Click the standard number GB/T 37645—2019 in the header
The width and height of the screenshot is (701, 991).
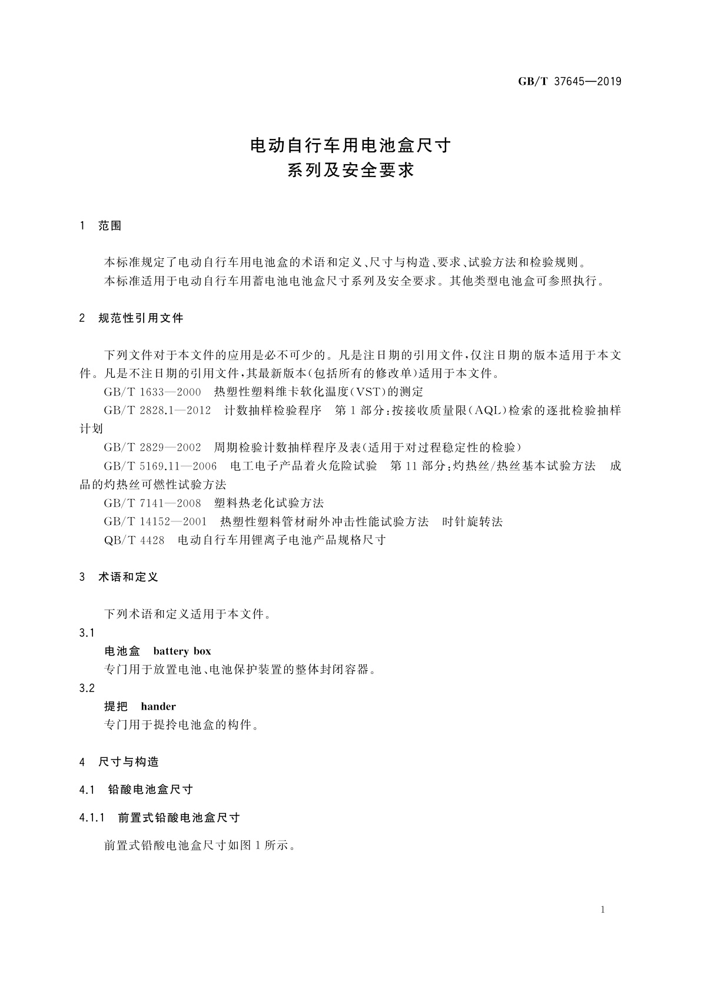(569, 82)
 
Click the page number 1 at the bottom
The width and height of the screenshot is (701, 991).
(603, 910)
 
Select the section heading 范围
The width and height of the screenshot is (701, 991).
(110, 226)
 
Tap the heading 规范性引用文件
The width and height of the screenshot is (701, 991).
(141, 318)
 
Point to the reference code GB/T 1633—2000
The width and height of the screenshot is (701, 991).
(152, 392)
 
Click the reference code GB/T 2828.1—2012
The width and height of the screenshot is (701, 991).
(157, 411)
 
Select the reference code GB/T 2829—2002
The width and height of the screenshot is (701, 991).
(152, 447)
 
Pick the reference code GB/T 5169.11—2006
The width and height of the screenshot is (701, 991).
(160, 466)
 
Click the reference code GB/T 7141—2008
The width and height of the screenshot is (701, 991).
(152, 503)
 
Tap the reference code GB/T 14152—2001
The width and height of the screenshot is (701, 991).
(155, 522)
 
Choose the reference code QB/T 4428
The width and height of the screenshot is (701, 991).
(134, 540)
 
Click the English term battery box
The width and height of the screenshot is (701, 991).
(182, 651)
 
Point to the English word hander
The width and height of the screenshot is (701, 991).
(158, 706)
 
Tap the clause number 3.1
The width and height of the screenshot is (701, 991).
(87, 633)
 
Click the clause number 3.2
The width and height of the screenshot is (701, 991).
(87, 688)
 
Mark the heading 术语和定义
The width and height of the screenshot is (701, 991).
(128, 577)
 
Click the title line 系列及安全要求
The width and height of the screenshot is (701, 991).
(351, 171)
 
